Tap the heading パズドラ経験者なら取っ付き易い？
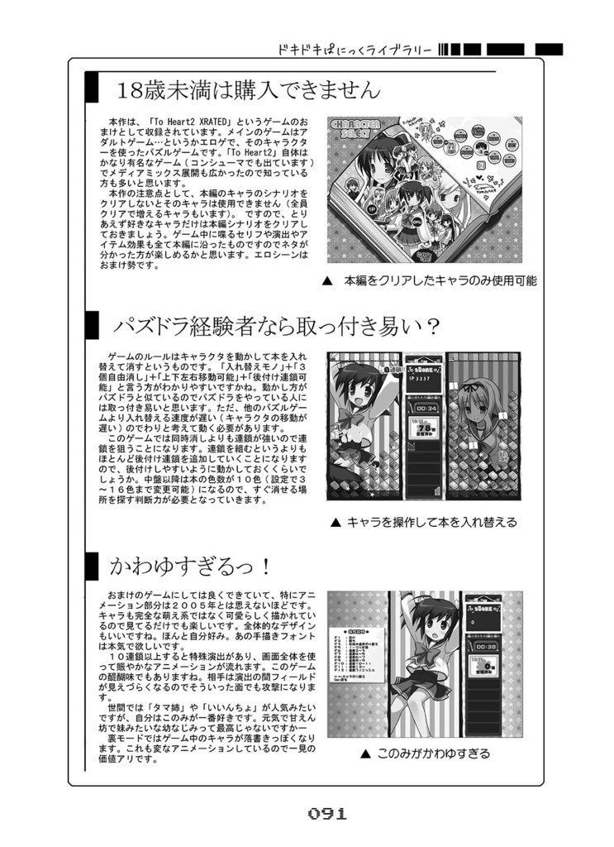click(276, 326)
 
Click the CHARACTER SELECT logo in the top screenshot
click(355, 132)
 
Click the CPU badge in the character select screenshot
click(416, 221)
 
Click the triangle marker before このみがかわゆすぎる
click(364, 754)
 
